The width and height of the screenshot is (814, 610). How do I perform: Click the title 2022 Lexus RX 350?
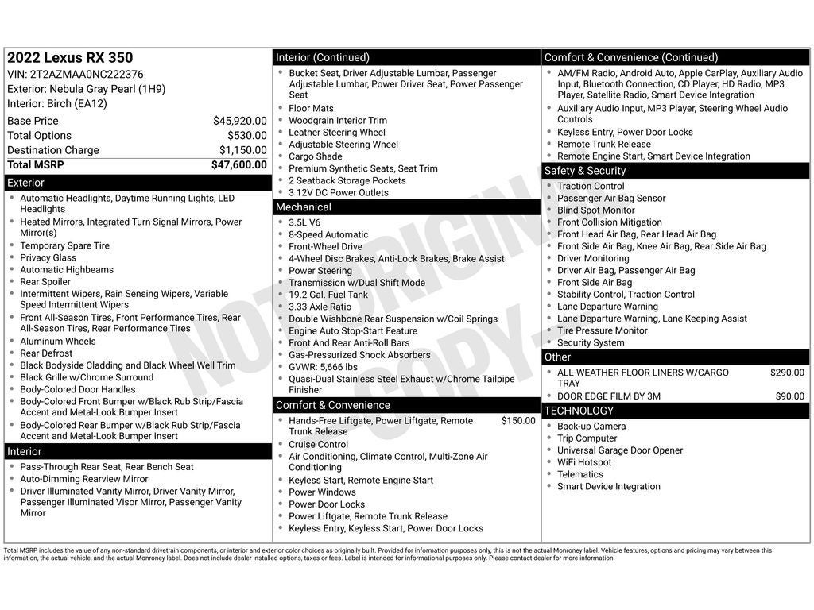(x=70, y=58)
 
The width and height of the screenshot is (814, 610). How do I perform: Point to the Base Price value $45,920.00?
(x=239, y=121)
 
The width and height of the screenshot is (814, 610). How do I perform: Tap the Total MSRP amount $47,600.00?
(x=238, y=165)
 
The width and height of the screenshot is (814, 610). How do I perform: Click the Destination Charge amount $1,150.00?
(x=242, y=150)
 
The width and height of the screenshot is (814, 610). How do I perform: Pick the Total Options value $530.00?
(x=246, y=136)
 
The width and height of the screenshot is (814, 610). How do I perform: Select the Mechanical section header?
(x=303, y=207)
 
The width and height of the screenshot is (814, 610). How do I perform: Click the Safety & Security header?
(x=584, y=171)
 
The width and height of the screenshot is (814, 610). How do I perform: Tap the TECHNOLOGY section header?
(x=578, y=411)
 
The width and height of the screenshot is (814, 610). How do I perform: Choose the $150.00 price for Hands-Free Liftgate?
(x=517, y=421)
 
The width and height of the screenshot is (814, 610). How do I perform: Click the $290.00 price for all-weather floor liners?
(x=787, y=373)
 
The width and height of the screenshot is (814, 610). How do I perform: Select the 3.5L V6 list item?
(x=304, y=223)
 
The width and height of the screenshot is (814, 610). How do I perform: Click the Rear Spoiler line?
(x=45, y=282)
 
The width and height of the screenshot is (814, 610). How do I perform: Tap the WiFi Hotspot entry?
(x=584, y=462)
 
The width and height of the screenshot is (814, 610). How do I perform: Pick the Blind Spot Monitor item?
(x=595, y=210)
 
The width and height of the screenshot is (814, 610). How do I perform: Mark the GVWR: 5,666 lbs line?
(x=323, y=367)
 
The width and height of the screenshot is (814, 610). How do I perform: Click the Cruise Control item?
(x=318, y=445)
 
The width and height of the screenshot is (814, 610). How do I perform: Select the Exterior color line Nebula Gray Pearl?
(x=87, y=89)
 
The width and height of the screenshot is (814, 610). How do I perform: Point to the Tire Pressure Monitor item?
(x=602, y=330)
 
